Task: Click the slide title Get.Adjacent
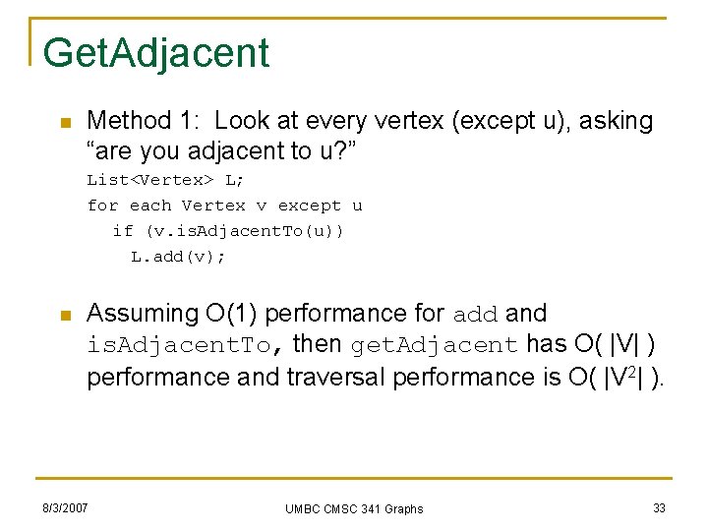pos(156,53)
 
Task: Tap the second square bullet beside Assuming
pos(65,316)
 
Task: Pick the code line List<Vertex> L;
pos(165,180)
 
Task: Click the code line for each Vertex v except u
pos(224,206)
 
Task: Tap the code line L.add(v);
pos(178,257)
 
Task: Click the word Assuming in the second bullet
pos(143,315)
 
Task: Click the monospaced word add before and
pos(476,316)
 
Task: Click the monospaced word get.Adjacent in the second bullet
pos(434,346)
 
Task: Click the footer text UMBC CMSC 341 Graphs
pos(354,508)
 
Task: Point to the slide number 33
pos(659,507)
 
